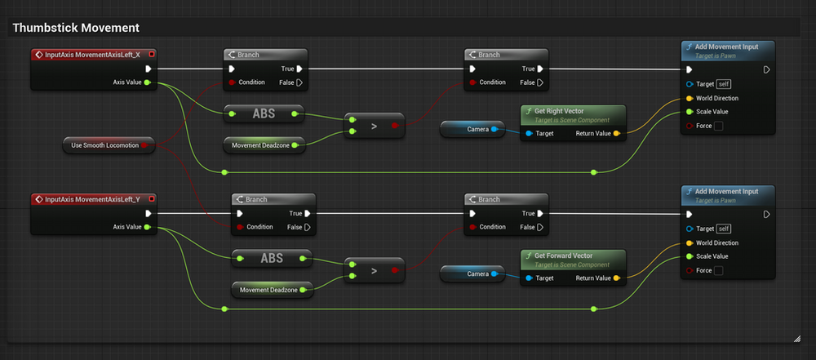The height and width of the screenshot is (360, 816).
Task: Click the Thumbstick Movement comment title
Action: [x=75, y=28]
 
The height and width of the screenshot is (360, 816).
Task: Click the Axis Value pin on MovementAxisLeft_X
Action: [x=146, y=82]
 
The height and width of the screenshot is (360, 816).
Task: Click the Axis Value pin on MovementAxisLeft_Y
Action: [x=146, y=227]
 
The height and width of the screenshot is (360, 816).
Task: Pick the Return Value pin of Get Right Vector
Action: [x=616, y=133]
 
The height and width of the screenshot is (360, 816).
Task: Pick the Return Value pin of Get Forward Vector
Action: [x=616, y=278]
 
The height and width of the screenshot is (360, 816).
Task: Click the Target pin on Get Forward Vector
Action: [x=529, y=278]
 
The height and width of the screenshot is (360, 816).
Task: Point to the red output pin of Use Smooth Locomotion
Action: [x=145, y=145]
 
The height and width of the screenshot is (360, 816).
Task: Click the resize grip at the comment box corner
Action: [x=796, y=338]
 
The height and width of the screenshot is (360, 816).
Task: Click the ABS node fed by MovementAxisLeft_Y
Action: [x=272, y=259]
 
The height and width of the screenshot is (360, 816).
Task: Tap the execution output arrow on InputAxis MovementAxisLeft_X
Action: [x=148, y=69]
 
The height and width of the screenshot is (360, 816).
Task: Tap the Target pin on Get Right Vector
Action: [x=529, y=133]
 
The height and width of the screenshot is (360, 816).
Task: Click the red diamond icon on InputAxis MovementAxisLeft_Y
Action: [x=38, y=199]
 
